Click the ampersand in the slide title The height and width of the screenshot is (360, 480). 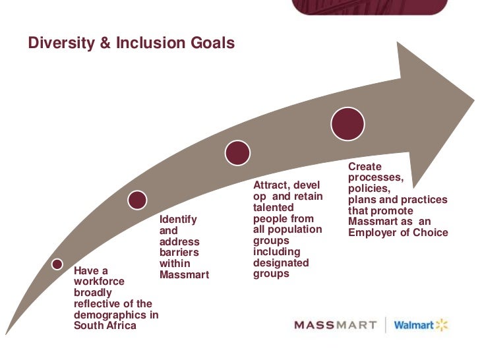click(x=105, y=44)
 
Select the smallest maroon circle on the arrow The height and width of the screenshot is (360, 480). click(x=57, y=264)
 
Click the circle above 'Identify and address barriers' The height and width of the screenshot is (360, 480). click(x=137, y=199)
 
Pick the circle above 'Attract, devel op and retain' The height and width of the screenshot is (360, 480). click(x=237, y=152)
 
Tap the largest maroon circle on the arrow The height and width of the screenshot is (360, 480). click(x=347, y=123)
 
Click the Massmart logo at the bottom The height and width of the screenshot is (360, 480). click(x=334, y=325)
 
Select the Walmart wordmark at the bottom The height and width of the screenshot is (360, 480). click(x=413, y=325)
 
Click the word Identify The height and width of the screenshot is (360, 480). click(x=178, y=220)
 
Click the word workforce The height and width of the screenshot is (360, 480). click(x=96, y=282)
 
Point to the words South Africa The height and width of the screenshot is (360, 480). click(x=105, y=325)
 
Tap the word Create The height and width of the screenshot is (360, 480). click(x=365, y=167)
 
